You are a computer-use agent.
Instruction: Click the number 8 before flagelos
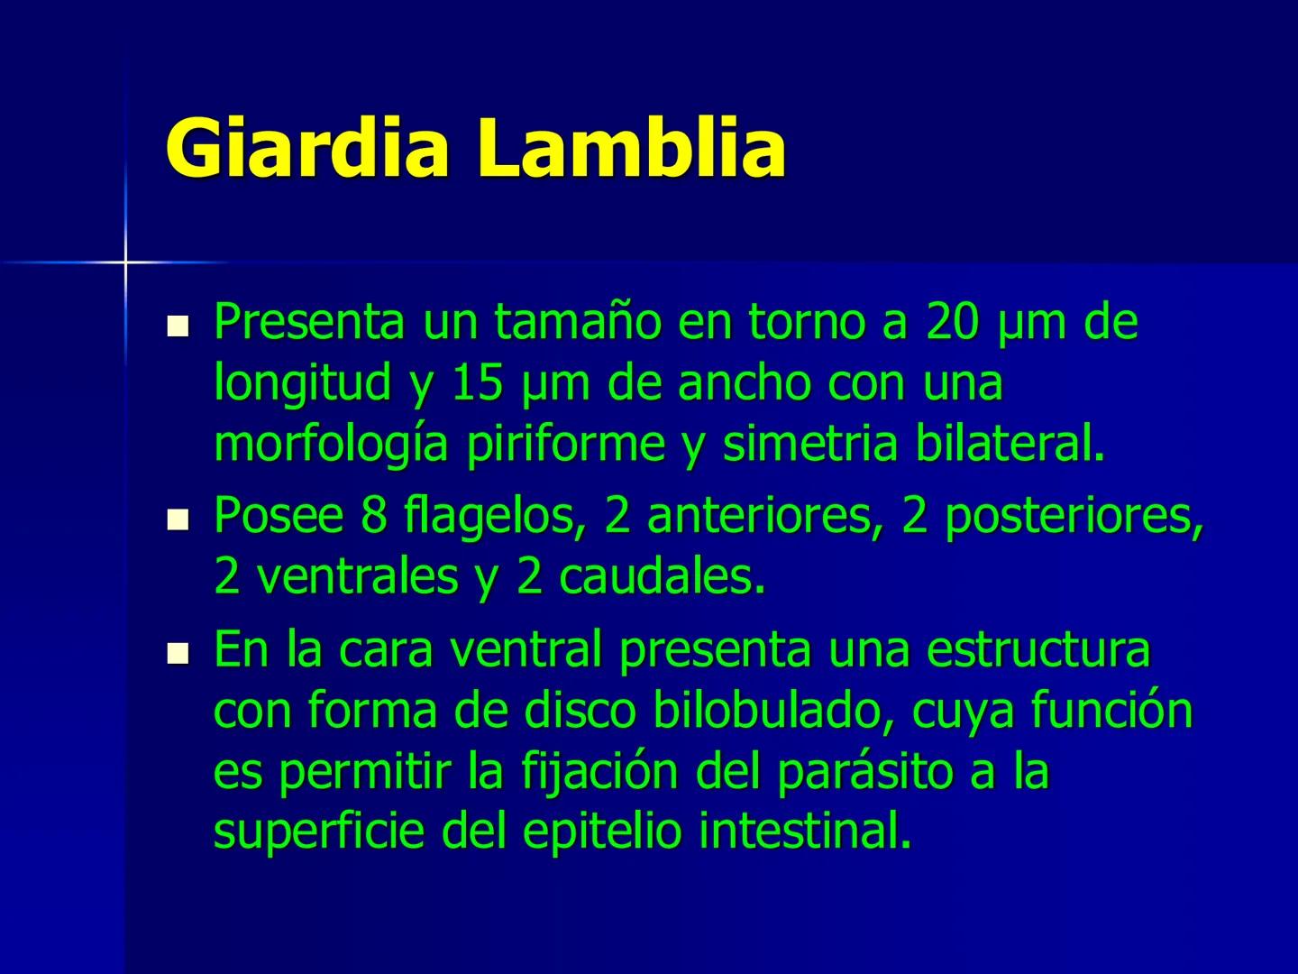point(372,515)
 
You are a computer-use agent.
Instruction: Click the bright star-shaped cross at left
point(125,262)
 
